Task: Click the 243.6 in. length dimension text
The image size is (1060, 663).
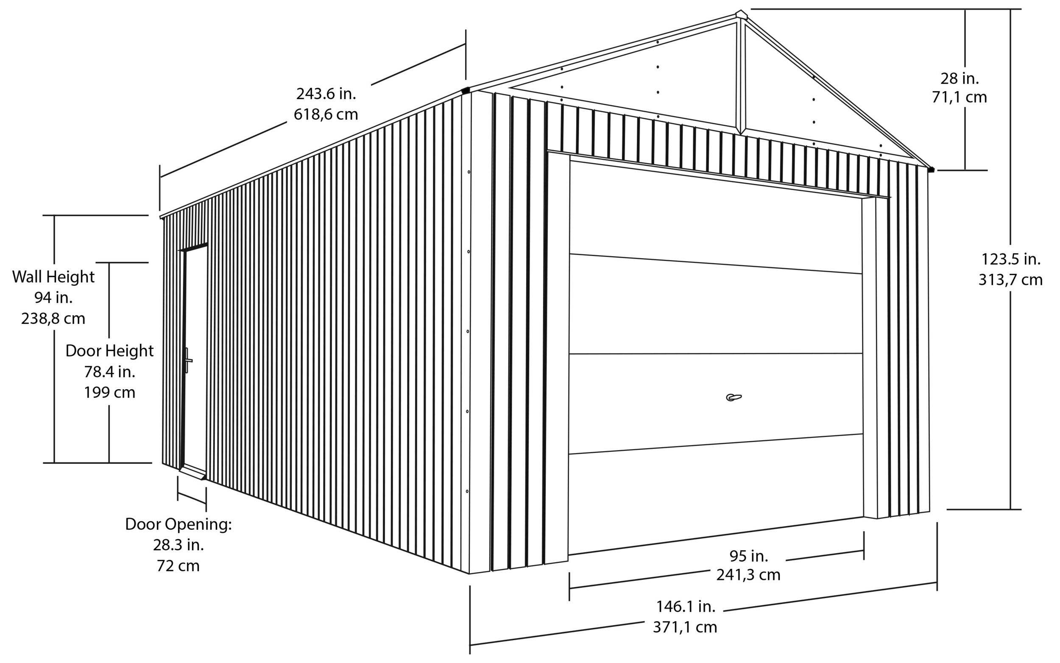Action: (x=326, y=94)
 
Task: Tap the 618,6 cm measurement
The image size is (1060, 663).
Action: (x=326, y=114)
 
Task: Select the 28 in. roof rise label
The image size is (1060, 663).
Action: (x=959, y=79)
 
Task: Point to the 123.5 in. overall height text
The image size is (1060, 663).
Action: (x=1010, y=259)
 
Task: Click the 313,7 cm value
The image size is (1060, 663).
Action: (x=1010, y=280)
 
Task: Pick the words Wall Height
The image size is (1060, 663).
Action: (x=53, y=277)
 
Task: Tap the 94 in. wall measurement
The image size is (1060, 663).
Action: (x=53, y=298)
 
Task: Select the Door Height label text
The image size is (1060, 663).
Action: (x=110, y=351)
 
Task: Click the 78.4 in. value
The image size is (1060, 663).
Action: (x=110, y=372)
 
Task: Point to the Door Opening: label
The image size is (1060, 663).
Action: (x=178, y=524)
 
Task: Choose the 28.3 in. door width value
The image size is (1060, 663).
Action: (x=178, y=545)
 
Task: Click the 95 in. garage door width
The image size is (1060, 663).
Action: (x=749, y=556)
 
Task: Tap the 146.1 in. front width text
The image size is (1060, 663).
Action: (x=686, y=607)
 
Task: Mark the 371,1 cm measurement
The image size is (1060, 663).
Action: (x=685, y=627)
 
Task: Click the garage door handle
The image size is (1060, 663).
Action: (x=734, y=398)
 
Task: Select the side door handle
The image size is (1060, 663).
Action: (x=188, y=360)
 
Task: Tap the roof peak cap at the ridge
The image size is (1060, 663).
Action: (x=741, y=14)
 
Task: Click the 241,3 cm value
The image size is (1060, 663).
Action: (x=748, y=575)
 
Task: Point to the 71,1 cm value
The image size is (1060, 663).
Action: (x=959, y=97)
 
